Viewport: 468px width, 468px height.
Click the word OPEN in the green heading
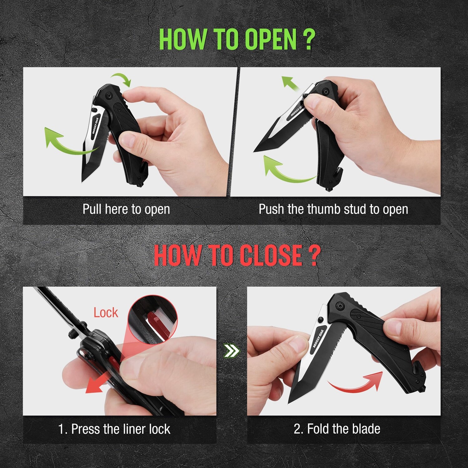[x=270, y=39]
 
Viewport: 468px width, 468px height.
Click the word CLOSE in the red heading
[x=271, y=256]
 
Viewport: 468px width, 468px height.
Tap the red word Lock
[x=106, y=313]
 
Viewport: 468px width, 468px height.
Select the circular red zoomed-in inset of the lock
[x=153, y=318]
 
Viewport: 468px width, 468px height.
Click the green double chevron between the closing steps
[x=232, y=351]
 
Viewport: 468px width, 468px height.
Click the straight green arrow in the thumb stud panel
[x=290, y=84]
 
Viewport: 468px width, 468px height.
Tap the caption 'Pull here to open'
[x=126, y=209]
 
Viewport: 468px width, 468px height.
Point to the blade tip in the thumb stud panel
[x=254, y=152]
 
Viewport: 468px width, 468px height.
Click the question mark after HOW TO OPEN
[x=309, y=39]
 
